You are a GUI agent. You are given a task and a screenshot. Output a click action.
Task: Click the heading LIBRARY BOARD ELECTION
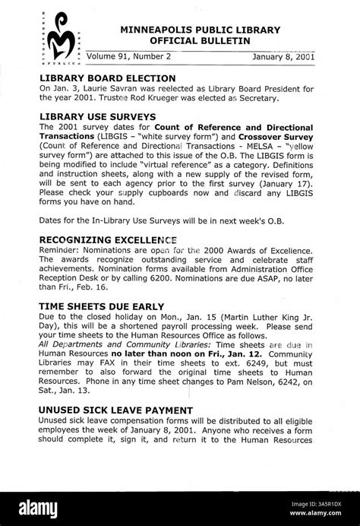tap(107, 78)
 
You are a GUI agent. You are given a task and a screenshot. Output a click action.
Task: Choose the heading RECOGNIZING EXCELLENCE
tap(113, 239)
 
